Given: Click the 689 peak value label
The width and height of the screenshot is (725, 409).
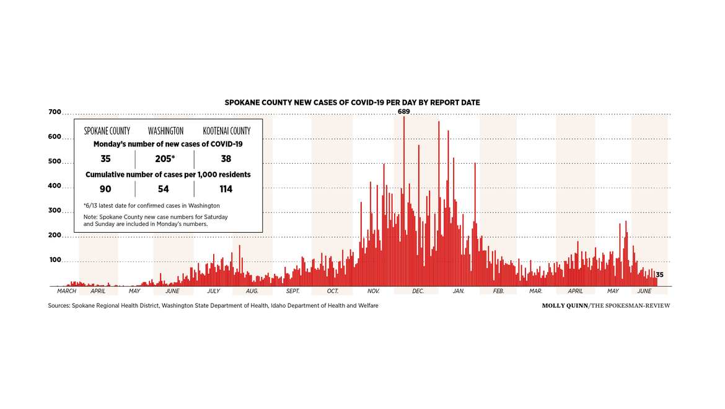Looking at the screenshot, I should click(x=403, y=112).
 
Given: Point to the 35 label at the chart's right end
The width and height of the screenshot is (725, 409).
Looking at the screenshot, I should click(x=660, y=275).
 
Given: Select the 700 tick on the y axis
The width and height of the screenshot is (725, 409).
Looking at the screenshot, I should click(x=55, y=112).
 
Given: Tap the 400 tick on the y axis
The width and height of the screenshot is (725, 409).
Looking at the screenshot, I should click(x=55, y=186).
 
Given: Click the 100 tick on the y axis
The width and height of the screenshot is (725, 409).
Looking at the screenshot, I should click(x=55, y=260).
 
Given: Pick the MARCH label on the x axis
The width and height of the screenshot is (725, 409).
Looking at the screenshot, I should click(x=66, y=291).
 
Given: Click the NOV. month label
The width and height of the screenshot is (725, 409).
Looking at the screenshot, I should click(x=373, y=291).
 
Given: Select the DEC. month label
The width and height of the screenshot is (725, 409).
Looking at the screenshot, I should click(x=418, y=291).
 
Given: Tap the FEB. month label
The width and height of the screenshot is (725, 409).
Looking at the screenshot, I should click(x=498, y=291).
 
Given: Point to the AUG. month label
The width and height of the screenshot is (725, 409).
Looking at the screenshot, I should click(x=252, y=291).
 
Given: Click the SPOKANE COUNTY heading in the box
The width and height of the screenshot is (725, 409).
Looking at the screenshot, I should click(x=107, y=132).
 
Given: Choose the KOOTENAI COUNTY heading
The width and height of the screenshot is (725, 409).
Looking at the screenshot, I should click(x=227, y=132).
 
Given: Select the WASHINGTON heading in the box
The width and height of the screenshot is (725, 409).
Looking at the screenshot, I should click(x=165, y=132).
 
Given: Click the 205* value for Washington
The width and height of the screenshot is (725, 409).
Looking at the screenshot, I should click(x=165, y=159).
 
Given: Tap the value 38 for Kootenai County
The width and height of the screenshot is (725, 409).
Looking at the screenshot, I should click(x=226, y=159).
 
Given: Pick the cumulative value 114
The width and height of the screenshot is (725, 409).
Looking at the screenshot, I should click(x=226, y=189).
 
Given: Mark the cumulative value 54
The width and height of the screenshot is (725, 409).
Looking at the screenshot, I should click(x=165, y=189).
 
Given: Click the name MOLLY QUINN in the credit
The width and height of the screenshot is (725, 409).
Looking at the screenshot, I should click(x=565, y=306).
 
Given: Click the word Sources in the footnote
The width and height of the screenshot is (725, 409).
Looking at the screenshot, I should click(x=59, y=306).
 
